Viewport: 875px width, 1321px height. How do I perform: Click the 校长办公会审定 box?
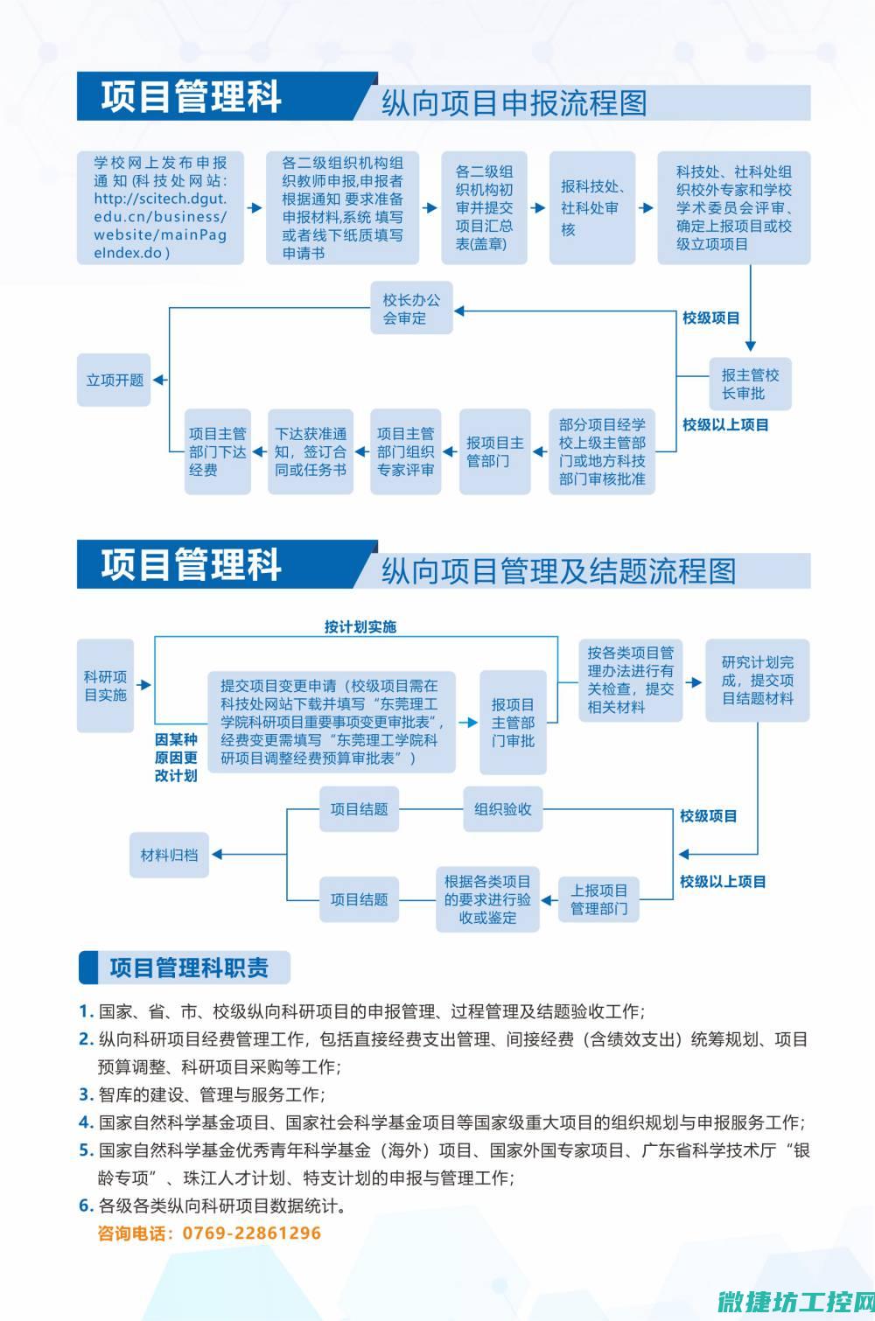coord(411,308)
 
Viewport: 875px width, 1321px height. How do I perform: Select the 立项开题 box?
coord(114,380)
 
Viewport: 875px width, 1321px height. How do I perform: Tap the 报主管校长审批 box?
coord(750,383)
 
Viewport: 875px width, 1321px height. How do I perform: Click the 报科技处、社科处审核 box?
coord(591,207)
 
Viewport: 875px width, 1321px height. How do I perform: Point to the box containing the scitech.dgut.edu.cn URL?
coord(160,207)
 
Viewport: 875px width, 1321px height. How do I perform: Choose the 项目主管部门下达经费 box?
coord(218,451)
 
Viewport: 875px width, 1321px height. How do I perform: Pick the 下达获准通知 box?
coord(311,451)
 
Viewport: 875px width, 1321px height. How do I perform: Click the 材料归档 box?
coord(170,855)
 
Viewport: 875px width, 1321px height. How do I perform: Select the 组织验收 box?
coord(503,808)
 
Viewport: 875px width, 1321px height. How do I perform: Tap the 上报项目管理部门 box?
coord(598,899)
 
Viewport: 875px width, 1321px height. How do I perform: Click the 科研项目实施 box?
coord(106,686)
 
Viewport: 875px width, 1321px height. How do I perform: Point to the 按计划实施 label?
coord(360,626)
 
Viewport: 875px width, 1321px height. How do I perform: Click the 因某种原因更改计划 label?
coord(176,758)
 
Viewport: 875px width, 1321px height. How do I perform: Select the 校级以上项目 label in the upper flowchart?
coord(725,424)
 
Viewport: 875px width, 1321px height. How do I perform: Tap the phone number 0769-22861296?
coord(252,1234)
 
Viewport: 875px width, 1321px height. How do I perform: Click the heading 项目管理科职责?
coord(189,968)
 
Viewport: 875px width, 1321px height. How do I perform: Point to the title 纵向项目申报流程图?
coord(514,102)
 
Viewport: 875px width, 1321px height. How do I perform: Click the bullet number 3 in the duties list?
coord(86,1094)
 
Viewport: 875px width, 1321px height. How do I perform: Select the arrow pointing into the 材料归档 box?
coord(249,854)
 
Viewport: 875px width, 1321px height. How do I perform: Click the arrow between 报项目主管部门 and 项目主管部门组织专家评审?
coord(450,451)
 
